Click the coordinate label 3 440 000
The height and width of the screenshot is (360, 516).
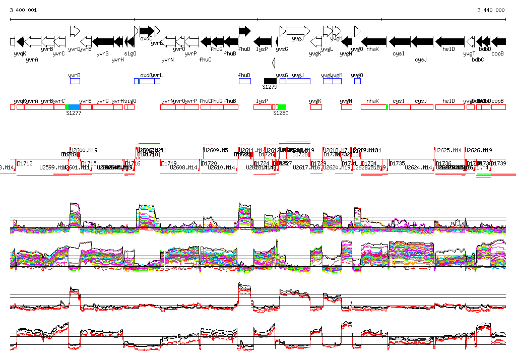click(491, 10)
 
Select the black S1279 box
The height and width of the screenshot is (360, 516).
click(270, 81)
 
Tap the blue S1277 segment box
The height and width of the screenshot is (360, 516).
click(74, 107)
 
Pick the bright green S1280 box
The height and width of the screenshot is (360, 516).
click(282, 107)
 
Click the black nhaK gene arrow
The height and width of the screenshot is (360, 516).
click(374, 41)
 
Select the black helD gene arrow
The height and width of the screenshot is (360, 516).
click(450, 41)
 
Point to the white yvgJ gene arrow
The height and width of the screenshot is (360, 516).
click(298, 31)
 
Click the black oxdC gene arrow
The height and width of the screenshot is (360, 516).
click(147, 31)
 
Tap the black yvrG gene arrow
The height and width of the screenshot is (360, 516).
click(103, 41)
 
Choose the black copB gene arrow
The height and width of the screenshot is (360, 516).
click(498, 41)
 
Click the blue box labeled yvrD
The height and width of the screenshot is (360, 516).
click(75, 81)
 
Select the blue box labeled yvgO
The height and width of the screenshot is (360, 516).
click(357, 81)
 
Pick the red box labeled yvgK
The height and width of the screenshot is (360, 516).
click(316, 107)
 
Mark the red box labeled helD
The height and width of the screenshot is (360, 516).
click(449, 107)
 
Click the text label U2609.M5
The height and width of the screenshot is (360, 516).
click(216, 150)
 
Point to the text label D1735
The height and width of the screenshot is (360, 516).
click(398, 163)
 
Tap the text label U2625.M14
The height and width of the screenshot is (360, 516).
click(448, 150)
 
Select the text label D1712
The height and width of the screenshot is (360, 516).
click(25, 163)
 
